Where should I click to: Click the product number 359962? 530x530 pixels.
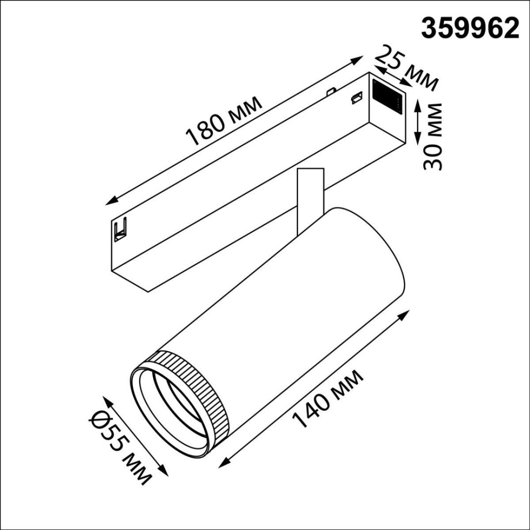[470, 29]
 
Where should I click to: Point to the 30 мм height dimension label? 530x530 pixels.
[432, 136]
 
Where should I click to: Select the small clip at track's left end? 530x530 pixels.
[120, 229]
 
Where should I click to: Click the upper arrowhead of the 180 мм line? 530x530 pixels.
[358, 58]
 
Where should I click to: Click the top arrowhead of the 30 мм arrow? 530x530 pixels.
[418, 103]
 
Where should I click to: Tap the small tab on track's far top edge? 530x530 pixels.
[329, 91]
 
